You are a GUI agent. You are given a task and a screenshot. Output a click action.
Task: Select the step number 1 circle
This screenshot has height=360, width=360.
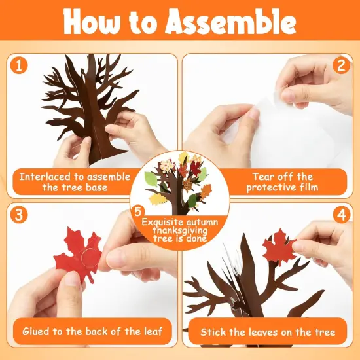[x=19, y=65]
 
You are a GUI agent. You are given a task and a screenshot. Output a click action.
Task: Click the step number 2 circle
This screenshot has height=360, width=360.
[x=341, y=65]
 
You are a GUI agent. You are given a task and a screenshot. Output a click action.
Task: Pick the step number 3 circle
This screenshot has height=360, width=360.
[x=19, y=215]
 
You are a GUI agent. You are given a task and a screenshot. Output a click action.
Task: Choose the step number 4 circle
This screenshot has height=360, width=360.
[x=341, y=215]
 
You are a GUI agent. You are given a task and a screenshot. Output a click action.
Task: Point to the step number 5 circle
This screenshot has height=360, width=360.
[x=137, y=211]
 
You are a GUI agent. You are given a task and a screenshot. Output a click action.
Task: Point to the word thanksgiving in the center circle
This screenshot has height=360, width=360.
[x=180, y=230]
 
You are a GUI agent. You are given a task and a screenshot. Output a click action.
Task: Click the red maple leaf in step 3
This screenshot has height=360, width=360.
[x=75, y=259]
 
